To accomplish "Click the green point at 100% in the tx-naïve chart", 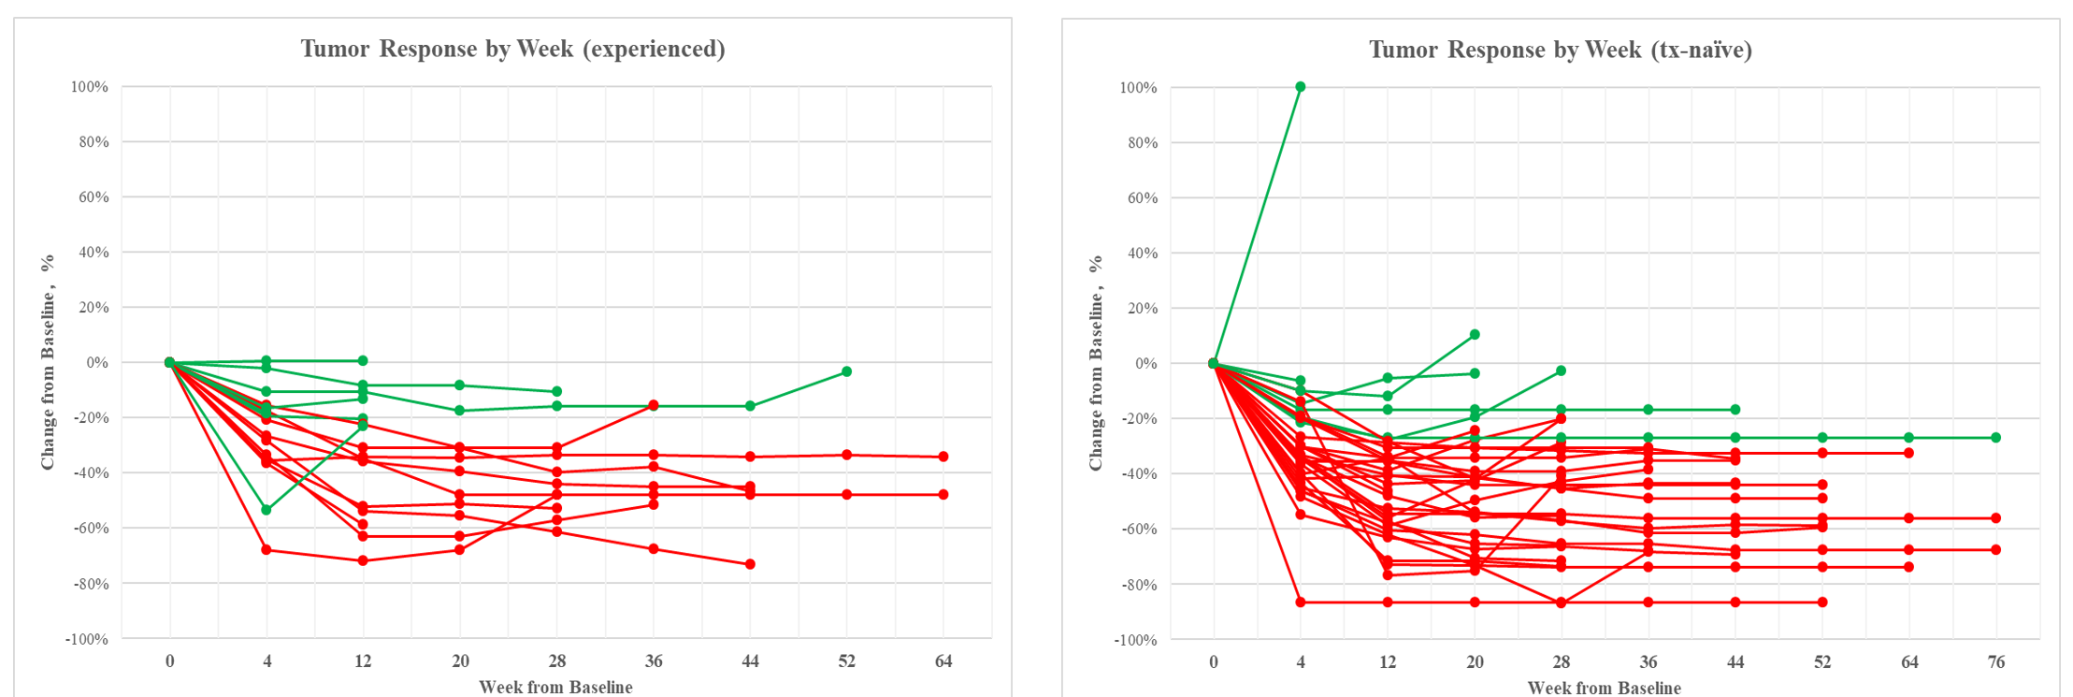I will (1300, 87).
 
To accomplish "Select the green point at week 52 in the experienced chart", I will (846, 371).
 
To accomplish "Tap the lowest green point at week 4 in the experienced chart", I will (266, 510).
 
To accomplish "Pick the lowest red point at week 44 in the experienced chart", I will (750, 564).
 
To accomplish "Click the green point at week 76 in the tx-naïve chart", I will (1995, 438).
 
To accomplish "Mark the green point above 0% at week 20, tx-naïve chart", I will (1475, 334).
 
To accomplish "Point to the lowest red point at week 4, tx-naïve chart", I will (1300, 602).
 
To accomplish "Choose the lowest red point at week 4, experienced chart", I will (266, 549).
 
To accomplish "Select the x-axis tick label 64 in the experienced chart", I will (943, 661).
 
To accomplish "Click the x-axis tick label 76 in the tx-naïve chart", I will (1995, 662).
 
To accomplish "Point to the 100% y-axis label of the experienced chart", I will (90, 87).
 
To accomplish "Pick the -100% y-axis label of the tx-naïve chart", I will (1135, 641).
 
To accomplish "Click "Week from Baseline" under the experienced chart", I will (555, 688).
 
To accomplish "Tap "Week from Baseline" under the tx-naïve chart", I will (1604, 689).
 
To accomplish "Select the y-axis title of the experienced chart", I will (48, 361).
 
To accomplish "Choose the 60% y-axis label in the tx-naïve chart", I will (1141, 198).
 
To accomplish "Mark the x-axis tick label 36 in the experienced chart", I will (653, 661).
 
